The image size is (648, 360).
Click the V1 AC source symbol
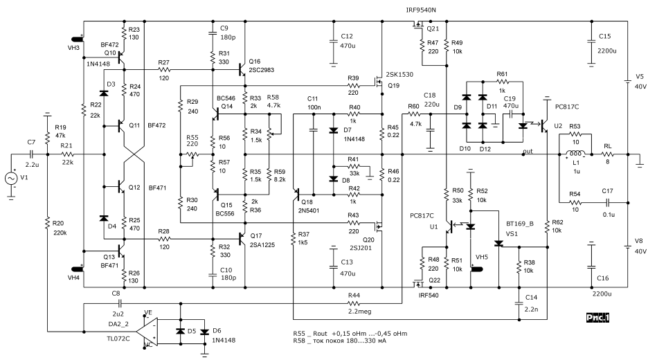coord(12,178)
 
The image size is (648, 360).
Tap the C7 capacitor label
coord(31,143)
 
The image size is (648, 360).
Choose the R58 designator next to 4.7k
coord(274,98)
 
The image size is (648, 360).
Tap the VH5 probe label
coord(479,255)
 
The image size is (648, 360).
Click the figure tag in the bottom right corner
coord(597,316)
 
